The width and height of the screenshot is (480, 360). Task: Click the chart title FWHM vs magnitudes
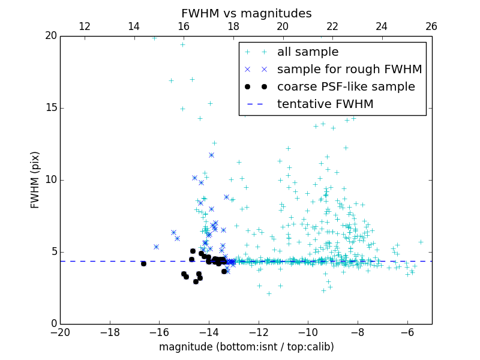coord(246,13)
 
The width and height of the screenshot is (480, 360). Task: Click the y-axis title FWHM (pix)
coord(35,180)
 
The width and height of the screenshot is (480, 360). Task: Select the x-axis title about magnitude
coord(246,347)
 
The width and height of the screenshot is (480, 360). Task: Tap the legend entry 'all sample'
coord(308,52)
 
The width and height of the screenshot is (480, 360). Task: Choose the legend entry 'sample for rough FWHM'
coord(349,70)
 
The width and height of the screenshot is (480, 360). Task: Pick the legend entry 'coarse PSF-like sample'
coord(346,87)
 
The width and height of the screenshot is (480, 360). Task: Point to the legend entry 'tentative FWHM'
coord(325,104)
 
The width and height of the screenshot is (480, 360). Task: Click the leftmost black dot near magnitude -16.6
coord(143,263)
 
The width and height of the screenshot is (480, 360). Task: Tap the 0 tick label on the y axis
coord(53,324)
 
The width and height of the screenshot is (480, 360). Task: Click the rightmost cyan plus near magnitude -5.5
coord(421,242)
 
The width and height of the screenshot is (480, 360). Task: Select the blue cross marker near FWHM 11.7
coord(211,155)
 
